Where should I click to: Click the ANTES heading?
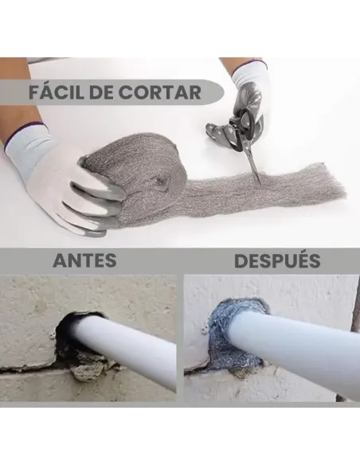pos(84,260)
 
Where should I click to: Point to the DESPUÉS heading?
pos(277,260)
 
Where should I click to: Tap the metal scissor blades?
pos(254,166)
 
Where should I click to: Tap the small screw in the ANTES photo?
pos(52,334)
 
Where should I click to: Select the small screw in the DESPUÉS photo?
pos(205,327)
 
